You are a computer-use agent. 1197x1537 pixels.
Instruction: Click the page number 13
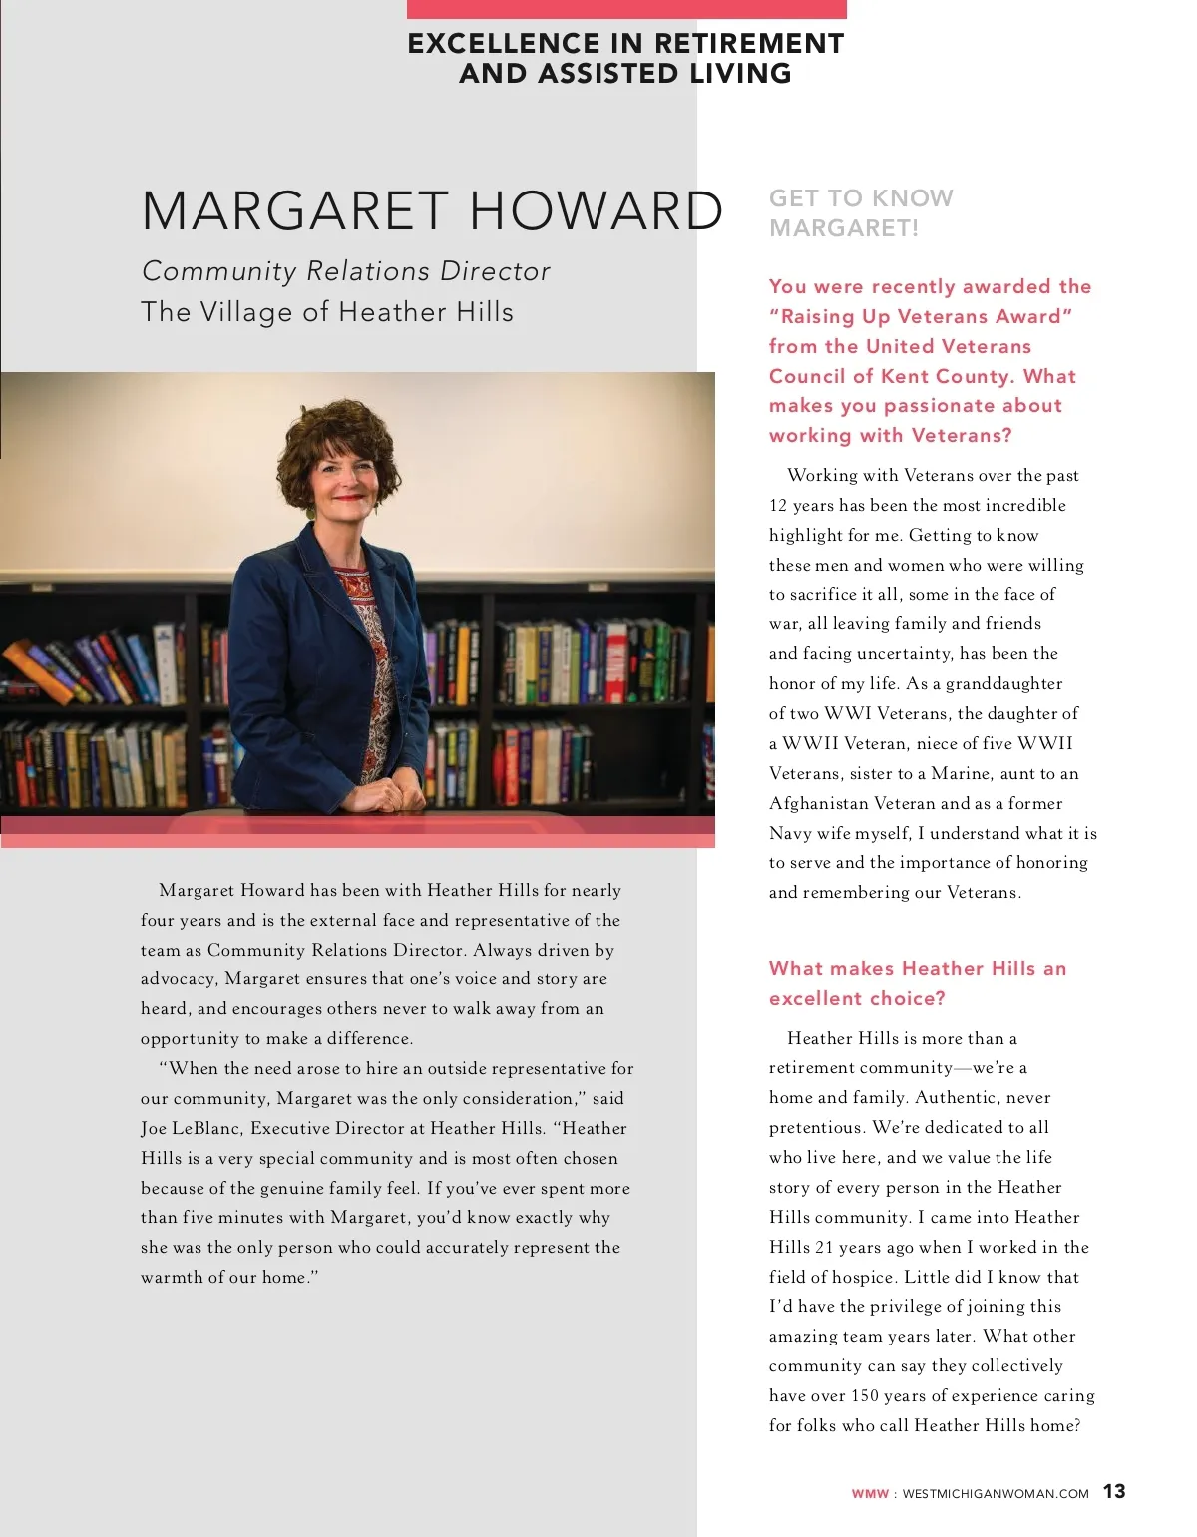1114,1491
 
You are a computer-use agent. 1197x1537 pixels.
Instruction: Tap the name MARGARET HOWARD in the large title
432,210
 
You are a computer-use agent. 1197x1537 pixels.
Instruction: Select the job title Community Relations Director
345,271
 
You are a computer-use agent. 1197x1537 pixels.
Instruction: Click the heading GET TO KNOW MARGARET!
861,212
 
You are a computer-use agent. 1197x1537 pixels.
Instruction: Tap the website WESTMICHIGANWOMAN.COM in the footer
995,1494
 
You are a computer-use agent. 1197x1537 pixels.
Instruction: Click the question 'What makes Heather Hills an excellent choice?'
917,983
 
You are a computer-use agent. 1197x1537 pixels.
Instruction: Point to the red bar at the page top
626,9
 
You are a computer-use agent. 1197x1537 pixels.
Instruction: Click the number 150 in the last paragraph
866,1395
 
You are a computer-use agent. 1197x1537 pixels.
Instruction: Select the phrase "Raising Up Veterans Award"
921,316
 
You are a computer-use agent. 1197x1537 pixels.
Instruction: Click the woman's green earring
310,510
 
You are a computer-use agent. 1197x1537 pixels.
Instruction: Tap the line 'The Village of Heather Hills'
327,312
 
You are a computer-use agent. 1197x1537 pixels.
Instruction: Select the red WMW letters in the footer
870,1494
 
